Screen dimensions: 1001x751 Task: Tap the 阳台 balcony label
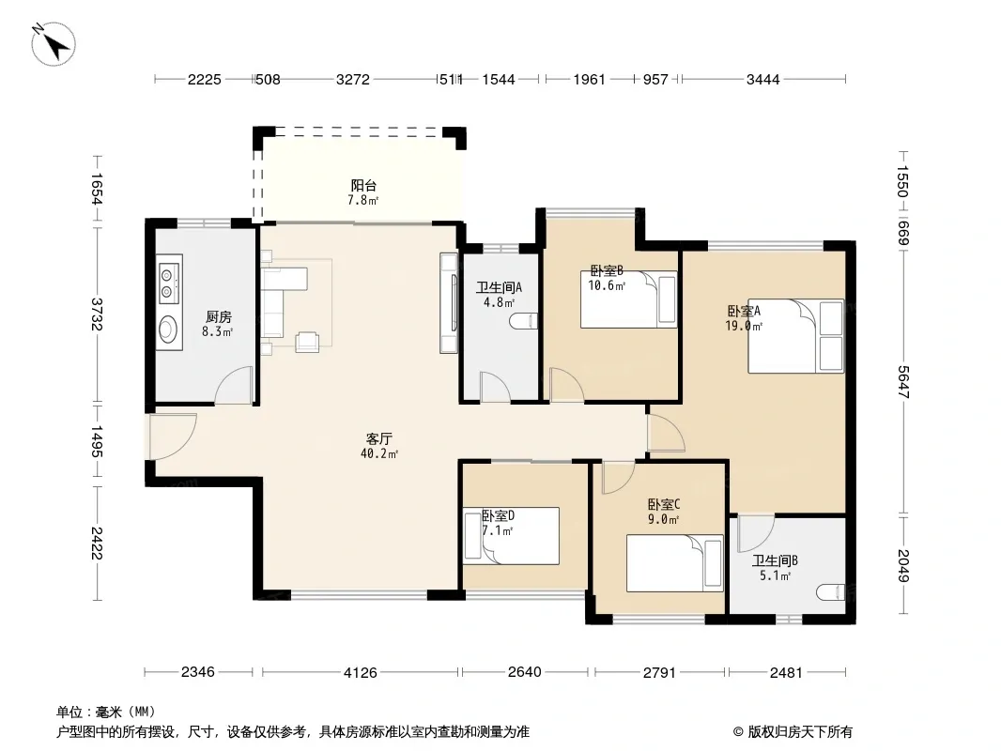(x=363, y=186)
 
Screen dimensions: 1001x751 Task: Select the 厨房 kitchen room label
(x=219, y=317)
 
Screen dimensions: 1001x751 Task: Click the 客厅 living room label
(x=379, y=439)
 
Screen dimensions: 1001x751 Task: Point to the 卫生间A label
(x=500, y=288)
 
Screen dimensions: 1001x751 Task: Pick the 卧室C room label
(x=664, y=505)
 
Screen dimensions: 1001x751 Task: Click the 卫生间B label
(x=775, y=560)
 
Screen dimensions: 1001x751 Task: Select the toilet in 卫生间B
(x=831, y=592)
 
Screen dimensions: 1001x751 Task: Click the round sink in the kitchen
(x=169, y=330)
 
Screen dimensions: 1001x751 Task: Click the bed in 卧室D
(x=512, y=536)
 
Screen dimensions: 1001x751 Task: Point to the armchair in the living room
(x=307, y=342)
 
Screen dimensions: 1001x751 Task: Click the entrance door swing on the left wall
(x=173, y=437)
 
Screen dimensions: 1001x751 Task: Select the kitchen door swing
(x=235, y=386)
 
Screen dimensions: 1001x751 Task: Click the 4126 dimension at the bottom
(x=361, y=672)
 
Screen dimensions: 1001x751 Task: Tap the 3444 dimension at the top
(x=762, y=80)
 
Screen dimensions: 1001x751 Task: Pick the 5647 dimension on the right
(x=902, y=382)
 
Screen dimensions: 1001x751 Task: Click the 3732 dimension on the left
(x=97, y=314)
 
